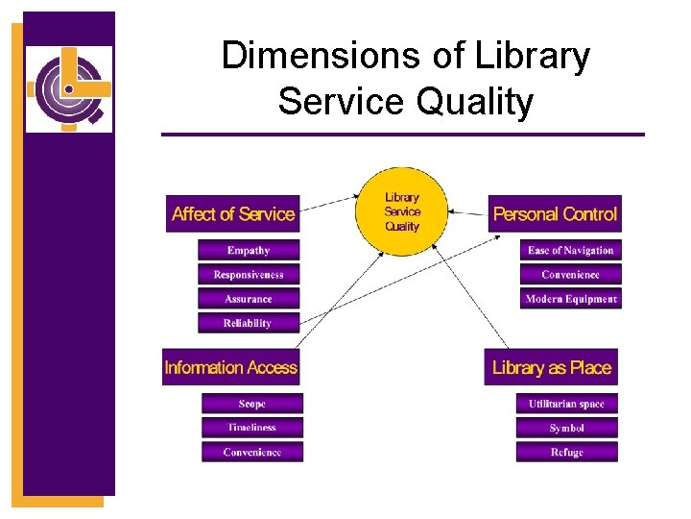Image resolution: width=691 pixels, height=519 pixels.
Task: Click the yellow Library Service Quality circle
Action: coord(402,212)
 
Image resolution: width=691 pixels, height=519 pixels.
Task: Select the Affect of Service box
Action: coord(233,213)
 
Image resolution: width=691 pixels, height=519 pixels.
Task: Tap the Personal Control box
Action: coord(555,213)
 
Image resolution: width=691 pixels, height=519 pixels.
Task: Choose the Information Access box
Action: coord(230,367)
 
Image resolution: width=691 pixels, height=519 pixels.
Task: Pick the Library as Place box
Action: coord(551,367)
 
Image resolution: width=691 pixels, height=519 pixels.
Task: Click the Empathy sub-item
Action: coord(249,251)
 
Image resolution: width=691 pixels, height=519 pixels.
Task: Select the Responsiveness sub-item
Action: coord(249,275)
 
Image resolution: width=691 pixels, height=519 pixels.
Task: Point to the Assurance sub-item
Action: coord(249,299)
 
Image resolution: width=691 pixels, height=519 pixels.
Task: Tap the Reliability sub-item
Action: coord(249,323)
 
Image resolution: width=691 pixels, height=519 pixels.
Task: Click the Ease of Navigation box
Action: coord(570,251)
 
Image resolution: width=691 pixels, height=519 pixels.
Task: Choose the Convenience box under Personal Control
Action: coord(570,275)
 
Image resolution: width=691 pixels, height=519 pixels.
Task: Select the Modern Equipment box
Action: coord(570,299)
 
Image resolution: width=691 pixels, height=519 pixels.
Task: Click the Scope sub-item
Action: coord(252,404)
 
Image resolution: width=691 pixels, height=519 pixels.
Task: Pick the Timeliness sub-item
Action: coord(252,428)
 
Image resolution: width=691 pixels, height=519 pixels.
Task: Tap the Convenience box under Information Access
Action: coord(252,452)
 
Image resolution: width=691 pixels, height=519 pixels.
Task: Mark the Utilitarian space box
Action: coord(566,404)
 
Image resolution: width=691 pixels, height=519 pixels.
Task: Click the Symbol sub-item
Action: coord(566,428)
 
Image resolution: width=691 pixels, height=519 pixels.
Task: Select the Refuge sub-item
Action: coord(566,452)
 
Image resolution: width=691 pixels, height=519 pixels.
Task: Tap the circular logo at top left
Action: coord(68,88)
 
